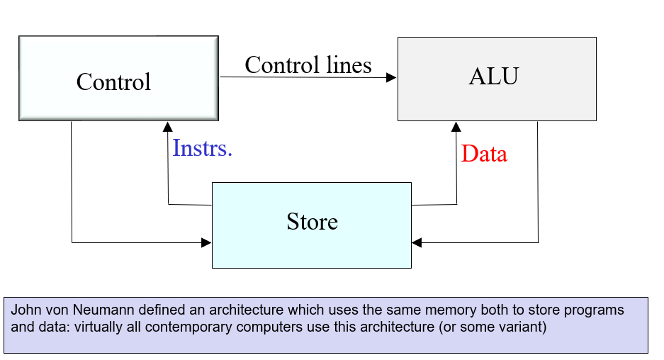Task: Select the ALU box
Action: [x=496, y=78]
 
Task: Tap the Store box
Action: [x=312, y=225]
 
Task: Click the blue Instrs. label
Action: [x=203, y=149]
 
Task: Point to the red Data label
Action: [x=484, y=154]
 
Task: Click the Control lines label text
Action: [x=308, y=65]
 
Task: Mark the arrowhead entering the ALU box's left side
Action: [x=391, y=77]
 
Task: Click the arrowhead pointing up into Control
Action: [x=167, y=127]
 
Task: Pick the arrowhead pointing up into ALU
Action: [x=456, y=127]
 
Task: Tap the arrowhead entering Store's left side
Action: [x=206, y=243]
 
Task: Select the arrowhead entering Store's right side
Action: [x=417, y=243]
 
